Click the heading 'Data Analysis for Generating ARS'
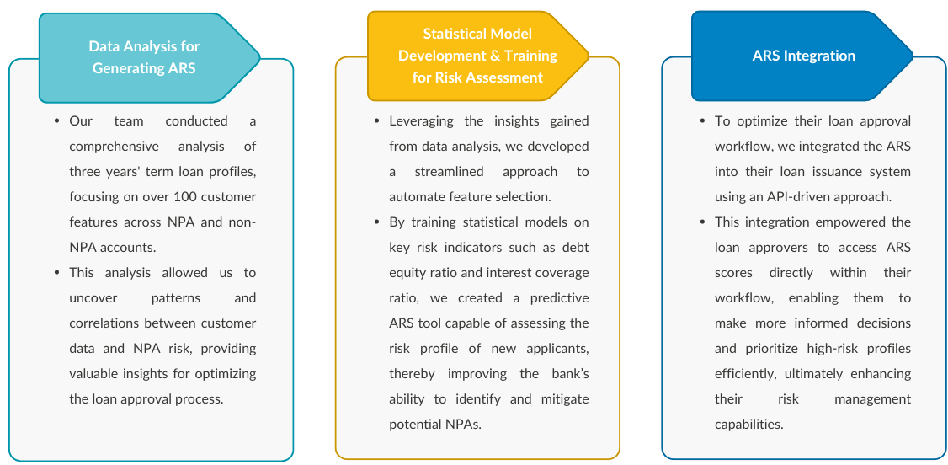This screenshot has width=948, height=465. [x=144, y=57]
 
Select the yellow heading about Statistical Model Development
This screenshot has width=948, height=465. [x=477, y=56]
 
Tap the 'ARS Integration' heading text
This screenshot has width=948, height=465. [x=803, y=56]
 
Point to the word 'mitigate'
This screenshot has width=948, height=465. [x=563, y=399]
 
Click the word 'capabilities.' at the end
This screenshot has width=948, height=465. [x=748, y=425]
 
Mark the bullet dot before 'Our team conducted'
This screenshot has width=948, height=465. [x=56, y=121]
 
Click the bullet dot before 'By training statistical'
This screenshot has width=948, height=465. [x=376, y=222]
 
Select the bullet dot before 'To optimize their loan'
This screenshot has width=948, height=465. [x=703, y=121]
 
